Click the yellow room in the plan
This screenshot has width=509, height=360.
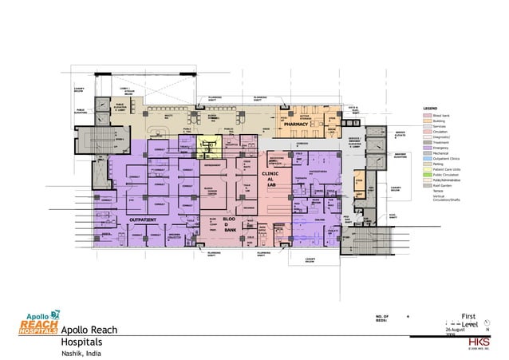(x=209, y=145)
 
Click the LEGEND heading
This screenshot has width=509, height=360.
(x=431, y=108)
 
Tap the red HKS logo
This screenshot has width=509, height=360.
(x=480, y=340)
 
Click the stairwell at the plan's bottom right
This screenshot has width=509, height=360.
(x=359, y=239)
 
